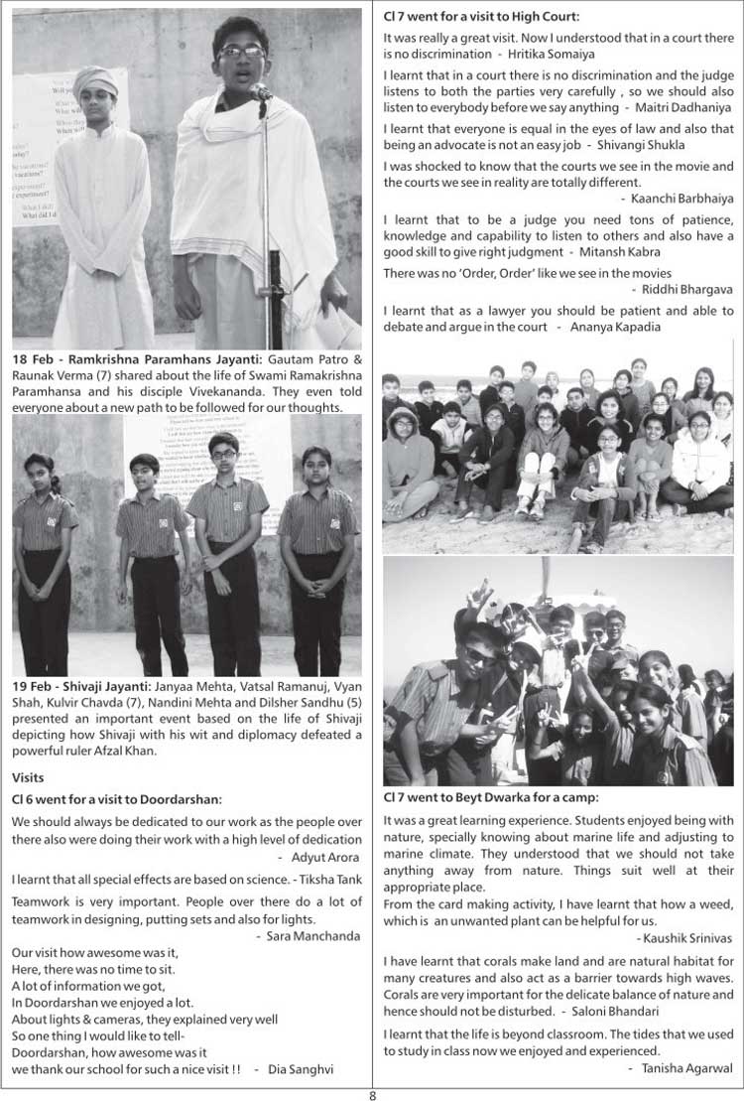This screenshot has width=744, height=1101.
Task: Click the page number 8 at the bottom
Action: [x=372, y=1093]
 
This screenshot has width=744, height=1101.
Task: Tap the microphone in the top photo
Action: [x=261, y=92]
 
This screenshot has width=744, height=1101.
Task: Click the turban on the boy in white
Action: [x=95, y=78]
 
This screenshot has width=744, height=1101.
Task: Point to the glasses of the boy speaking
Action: [x=242, y=51]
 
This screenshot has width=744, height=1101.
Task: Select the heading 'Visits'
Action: [x=30, y=776]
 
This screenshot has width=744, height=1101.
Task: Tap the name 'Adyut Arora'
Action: [x=325, y=856]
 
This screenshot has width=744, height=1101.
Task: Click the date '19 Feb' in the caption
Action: [x=33, y=686]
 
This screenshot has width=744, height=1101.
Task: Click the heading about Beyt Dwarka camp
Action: [x=491, y=797]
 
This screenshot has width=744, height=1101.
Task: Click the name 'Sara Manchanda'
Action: [x=313, y=935]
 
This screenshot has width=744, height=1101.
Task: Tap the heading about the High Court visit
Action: [x=481, y=16]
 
